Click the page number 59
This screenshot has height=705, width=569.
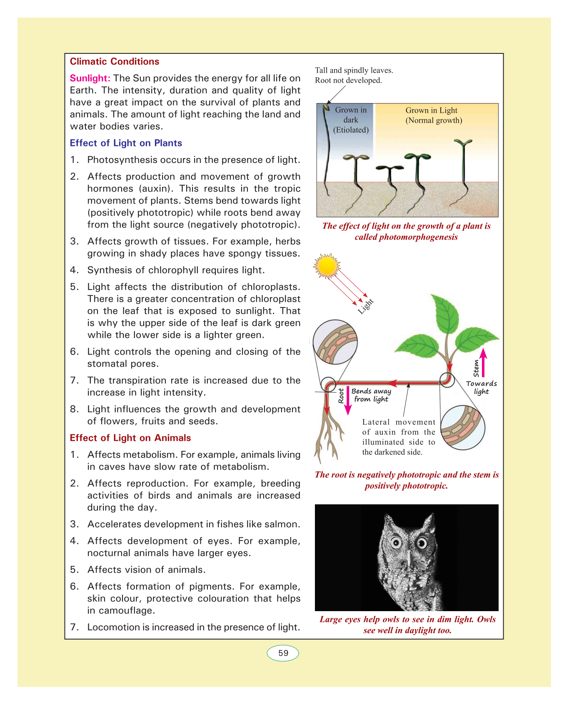283,653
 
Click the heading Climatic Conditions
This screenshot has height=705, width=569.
114,62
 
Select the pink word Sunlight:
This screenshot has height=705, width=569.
90,78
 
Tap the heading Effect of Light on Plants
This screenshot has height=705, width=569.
126,143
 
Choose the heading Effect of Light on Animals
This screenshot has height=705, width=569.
130,438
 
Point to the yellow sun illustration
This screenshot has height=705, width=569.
327,266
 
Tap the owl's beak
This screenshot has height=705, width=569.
409,558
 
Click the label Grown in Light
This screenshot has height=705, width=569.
431,111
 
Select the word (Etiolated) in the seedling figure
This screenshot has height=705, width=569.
351,130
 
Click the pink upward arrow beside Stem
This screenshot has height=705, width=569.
483,362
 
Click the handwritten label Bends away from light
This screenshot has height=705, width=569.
371,395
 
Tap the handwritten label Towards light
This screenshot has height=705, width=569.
481,388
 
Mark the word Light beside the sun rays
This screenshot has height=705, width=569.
365,307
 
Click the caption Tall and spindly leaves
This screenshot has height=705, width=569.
354,70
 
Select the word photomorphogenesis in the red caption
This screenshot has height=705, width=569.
406,237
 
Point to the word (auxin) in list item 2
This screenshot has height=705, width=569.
154,189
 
